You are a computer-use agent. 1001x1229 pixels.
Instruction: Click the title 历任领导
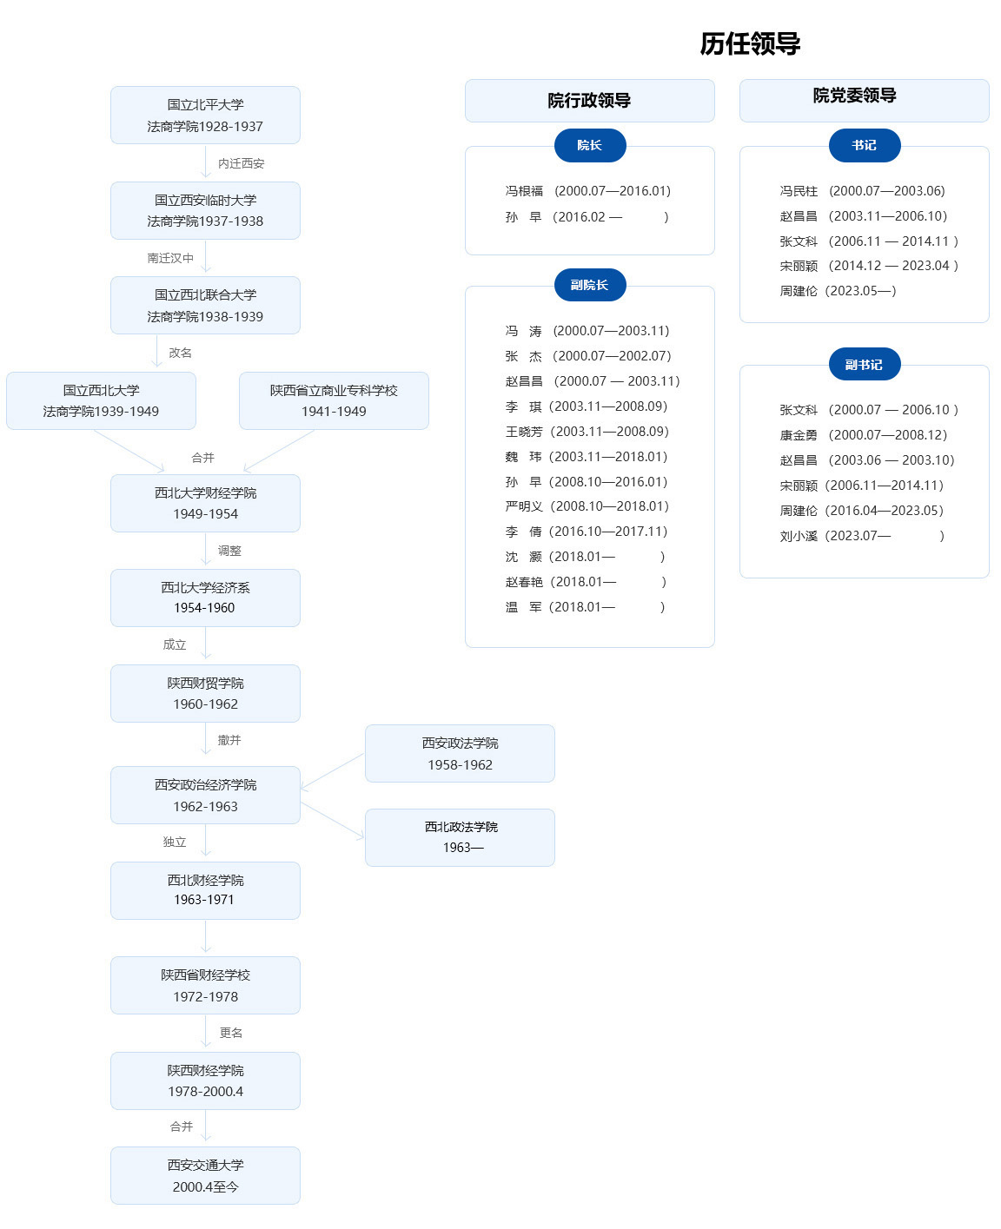coord(750,43)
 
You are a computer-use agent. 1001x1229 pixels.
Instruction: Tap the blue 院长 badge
coord(589,145)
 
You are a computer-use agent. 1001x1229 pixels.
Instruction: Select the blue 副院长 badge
coord(589,285)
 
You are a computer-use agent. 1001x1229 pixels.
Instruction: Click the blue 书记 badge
coord(865,145)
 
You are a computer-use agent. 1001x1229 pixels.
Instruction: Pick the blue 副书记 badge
coord(865,364)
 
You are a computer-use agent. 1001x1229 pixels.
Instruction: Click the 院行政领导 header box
coord(589,101)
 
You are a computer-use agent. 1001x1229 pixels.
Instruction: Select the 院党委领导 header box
coord(865,101)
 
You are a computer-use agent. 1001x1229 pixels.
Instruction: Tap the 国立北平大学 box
coord(206,116)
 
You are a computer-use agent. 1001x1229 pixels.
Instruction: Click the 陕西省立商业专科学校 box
coord(334,400)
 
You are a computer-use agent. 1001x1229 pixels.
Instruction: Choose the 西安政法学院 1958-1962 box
coord(460,754)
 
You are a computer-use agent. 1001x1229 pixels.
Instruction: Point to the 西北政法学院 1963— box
coord(460,837)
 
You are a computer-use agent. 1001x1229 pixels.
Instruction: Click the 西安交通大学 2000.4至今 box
coord(206,1175)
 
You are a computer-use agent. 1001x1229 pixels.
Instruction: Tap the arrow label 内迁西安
coord(241,164)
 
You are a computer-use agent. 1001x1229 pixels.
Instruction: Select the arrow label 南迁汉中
coord(170,258)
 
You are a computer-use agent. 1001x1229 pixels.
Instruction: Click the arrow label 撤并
coord(229,740)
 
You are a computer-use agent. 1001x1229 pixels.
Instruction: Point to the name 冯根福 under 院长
coord(524,191)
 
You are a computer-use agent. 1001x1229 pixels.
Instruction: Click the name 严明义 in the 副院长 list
coord(524,506)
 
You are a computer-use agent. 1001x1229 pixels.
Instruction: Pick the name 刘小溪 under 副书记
coord(799,536)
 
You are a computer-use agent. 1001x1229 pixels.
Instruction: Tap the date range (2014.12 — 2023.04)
coord(893,266)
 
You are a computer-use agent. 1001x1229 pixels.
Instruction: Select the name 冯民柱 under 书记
coord(799,191)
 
